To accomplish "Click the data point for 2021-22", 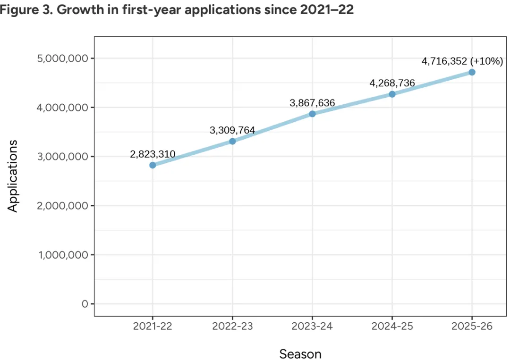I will pyautogui.click(x=153, y=165).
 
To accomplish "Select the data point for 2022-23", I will pyautogui.click(x=232, y=141).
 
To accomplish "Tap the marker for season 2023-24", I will pyautogui.click(x=312, y=114).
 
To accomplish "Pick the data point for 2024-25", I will pyautogui.click(x=392, y=94).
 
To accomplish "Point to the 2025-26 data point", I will pyautogui.click(x=472, y=72).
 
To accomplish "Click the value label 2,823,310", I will pyautogui.click(x=153, y=154).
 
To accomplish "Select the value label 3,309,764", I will pyautogui.click(x=232, y=130).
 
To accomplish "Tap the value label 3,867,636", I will pyautogui.click(x=312, y=103).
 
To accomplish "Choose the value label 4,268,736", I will pyautogui.click(x=392, y=83).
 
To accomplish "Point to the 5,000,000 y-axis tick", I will pyautogui.click(x=62, y=59).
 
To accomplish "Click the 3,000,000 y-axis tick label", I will pyautogui.click(x=62, y=157).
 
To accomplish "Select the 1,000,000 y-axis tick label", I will pyautogui.click(x=62, y=255).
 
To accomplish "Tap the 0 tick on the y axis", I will pyautogui.click(x=85, y=304).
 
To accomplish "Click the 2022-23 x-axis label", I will pyautogui.click(x=232, y=326).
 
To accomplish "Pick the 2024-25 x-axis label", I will pyautogui.click(x=392, y=326).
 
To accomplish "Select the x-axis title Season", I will pyautogui.click(x=300, y=354).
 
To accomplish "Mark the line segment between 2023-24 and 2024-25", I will pyautogui.click(x=352, y=104).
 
